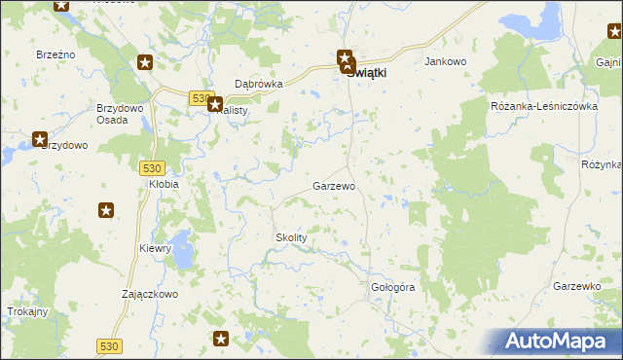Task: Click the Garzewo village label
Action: pyautogui.click(x=333, y=185)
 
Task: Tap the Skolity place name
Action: pyautogui.click(x=291, y=237)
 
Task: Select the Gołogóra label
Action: pyautogui.click(x=393, y=288)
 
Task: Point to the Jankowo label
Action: pyautogui.click(x=447, y=61)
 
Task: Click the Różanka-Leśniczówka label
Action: pyautogui.click(x=543, y=106)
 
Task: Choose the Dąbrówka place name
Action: pyautogui.click(x=259, y=84)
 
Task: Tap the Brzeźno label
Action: pyautogui.click(x=56, y=55)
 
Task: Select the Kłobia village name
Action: pyautogui.click(x=163, y=183)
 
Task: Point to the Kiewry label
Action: pyautogui.click(x=155, y=248)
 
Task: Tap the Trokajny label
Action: pyautogui.click(x=26, y=311)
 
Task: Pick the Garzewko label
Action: pyautogui.click(x=575, y=286)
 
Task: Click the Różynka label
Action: pyautogui.click(x=602, y=164)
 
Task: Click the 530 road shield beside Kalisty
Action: pyautogui.click(x=200, y=98)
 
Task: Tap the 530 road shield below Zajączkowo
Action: pyautogui.click(x=110, y=345)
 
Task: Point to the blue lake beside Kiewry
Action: pyautogui.click(x=182, y=244)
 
